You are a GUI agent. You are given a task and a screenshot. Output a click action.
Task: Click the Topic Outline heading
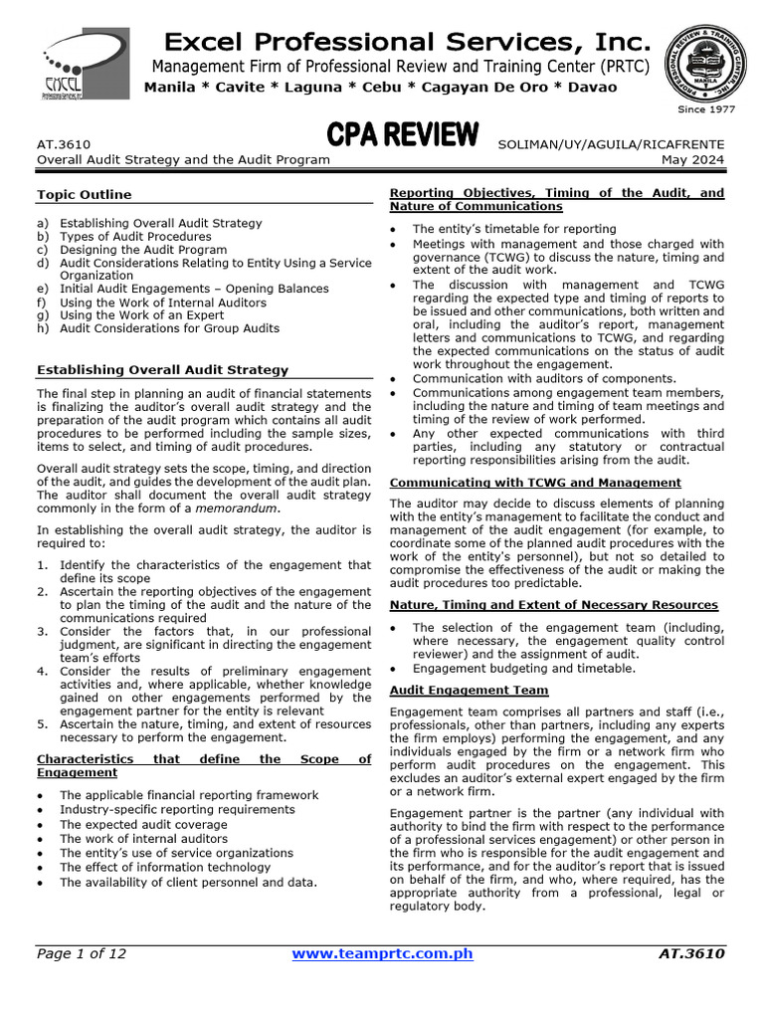(x=84, y=194)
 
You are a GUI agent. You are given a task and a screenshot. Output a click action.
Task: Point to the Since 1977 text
(x=705, y=109)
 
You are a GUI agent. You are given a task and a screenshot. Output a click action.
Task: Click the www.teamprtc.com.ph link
(x=382, y=954)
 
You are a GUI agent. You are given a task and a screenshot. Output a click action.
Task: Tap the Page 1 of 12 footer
(x=82, y=954)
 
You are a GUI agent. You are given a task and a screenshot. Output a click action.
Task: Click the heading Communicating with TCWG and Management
(x=535, y=483)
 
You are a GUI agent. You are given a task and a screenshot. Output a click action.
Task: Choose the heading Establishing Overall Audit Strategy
(x=162, y=369)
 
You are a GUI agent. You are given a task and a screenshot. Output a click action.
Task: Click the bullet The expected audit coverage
(x=143, y=825)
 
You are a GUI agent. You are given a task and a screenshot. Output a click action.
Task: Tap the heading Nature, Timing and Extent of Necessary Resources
(x=553, y=604)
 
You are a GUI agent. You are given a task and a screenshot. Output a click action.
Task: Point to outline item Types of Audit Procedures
(x=135, y=237)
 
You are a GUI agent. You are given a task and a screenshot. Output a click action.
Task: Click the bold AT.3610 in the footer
(x=691, y=954)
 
